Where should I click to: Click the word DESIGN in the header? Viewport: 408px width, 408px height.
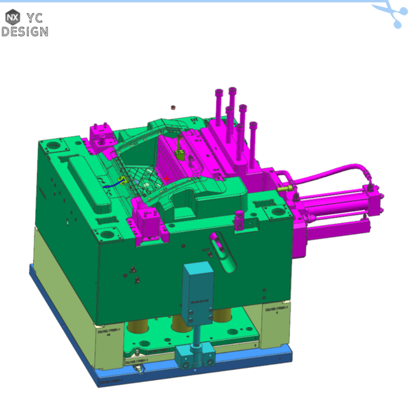[24, 31]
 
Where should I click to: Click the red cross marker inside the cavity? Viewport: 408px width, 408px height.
[167, 179]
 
